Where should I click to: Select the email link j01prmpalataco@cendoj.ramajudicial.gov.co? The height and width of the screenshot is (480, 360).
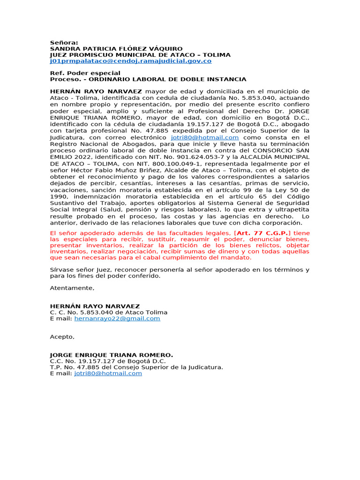131,61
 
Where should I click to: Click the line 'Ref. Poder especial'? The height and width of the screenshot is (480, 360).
85,73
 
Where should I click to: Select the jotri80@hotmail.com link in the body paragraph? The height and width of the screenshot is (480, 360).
205,137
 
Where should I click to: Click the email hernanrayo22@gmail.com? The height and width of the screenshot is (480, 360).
117,318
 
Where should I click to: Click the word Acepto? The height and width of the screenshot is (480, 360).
62,337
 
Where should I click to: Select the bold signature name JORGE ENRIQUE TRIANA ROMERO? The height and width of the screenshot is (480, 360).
112,355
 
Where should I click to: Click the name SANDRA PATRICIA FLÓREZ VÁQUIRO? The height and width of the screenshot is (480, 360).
116,49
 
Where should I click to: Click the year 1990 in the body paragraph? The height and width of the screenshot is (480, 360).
60,196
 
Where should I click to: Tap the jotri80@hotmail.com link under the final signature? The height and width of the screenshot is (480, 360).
108,374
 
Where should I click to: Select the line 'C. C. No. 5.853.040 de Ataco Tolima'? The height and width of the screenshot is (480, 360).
109,312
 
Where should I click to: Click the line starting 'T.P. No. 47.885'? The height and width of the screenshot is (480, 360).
136,367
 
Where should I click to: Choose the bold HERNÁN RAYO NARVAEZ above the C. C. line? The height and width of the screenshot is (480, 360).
95,306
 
